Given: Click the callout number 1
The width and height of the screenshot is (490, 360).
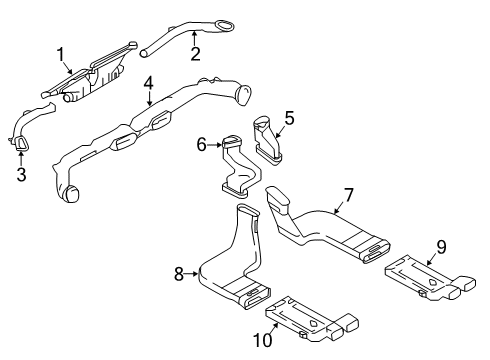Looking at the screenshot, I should click(60, 55).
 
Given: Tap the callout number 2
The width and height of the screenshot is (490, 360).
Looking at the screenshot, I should click(196, 53).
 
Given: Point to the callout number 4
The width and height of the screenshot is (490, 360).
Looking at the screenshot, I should click(147, 83).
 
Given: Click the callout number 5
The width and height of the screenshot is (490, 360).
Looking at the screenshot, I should click(289, 119).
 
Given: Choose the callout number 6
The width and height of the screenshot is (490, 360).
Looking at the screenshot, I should click(200, 145).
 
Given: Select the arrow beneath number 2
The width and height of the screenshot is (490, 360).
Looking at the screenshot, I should click(196, 38).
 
